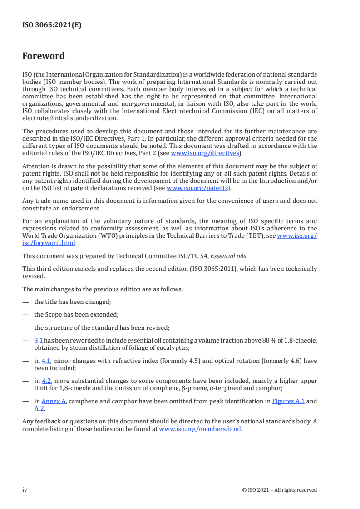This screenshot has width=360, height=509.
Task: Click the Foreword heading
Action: (44, 56)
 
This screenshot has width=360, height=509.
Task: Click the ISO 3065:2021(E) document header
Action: (52, 25)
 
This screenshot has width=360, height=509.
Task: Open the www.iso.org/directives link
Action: (204, 153)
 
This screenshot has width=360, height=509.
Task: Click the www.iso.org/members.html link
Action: (200, 429)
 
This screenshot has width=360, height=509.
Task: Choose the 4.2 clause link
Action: (46, 381)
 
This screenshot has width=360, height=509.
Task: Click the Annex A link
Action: (51, 401)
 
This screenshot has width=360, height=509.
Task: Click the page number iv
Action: (25, 489)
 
